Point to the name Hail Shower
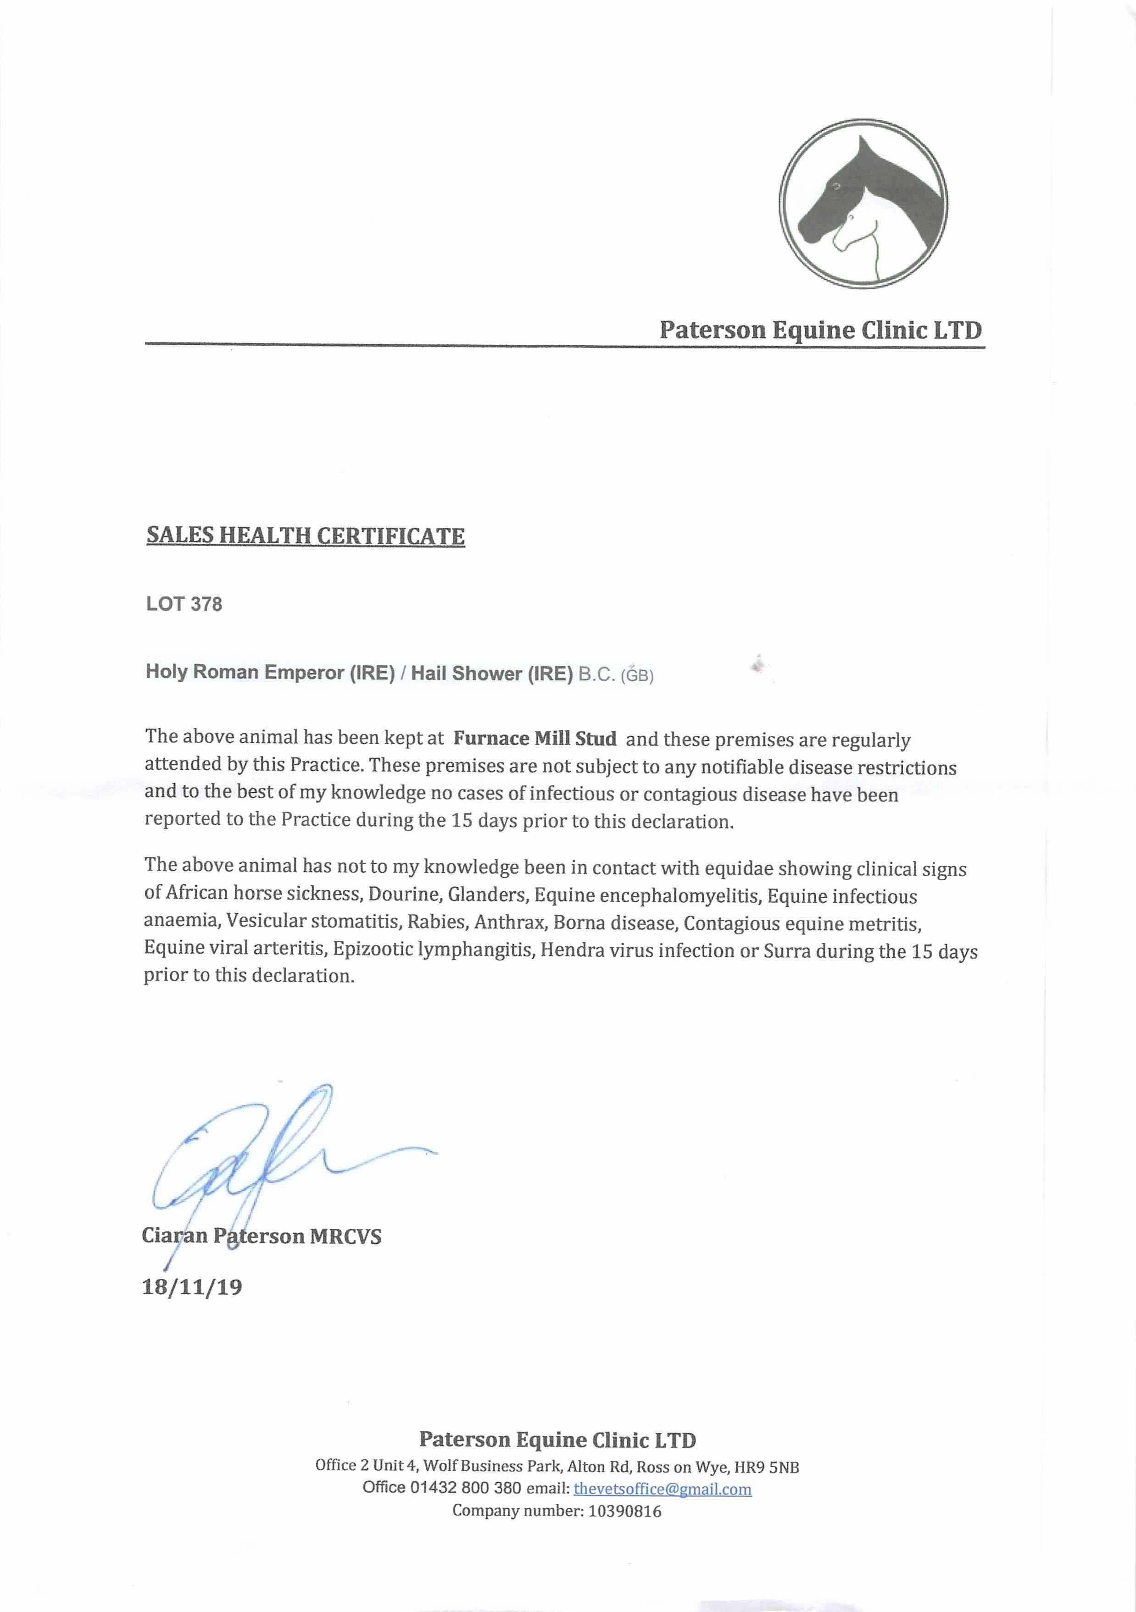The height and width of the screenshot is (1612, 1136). pyautogui.click(x=467, y=674)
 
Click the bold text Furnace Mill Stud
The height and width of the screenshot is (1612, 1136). pyautogui.click(x=535, y=739)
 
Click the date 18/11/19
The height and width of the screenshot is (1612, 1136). pyautogui.click(x=192, y=1287)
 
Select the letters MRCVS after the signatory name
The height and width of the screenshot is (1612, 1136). pyautogui.click(x=345, y=1236)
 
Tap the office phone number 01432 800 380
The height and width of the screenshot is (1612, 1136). pyautogui.click(x=465, y=1488)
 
